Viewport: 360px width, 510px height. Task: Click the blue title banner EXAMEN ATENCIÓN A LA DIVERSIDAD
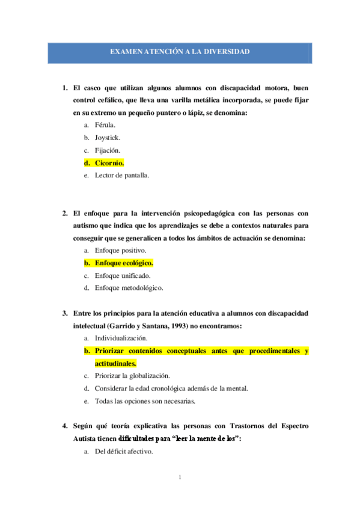(180, 53)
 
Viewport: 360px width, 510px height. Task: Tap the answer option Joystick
(108, 137)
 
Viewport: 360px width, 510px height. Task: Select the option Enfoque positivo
(120, 250)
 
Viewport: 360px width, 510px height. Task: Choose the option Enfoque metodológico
(129, 287)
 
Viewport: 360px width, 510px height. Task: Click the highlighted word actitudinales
(115, 363)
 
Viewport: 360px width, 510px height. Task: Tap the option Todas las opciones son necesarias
(149, 401)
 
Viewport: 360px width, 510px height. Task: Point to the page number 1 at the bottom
(180, 478)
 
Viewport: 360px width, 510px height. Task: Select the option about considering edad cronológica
(171, 389)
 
